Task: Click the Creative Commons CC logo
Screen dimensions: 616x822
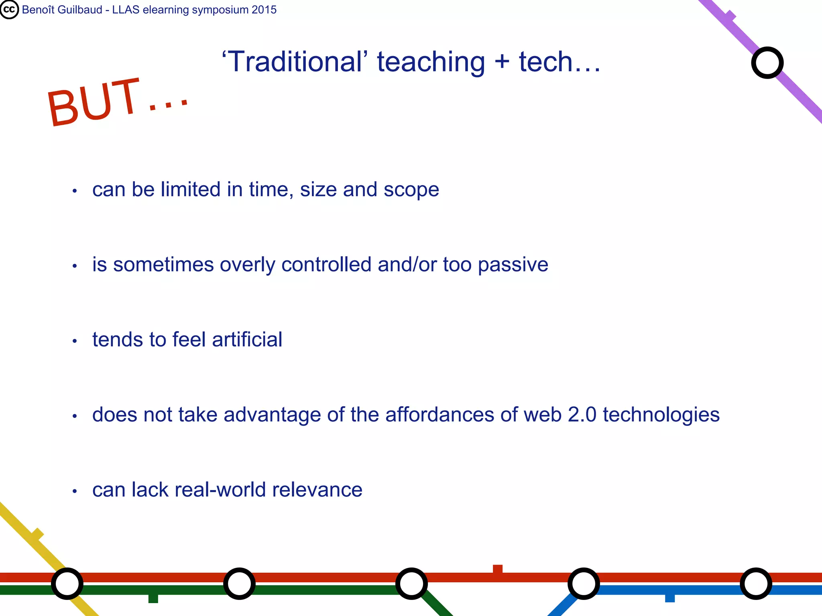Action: coord(9,10)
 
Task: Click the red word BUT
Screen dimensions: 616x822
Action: coord(93,102)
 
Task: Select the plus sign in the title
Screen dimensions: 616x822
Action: coord(502,63)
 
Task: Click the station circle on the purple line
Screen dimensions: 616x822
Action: coord(767,63)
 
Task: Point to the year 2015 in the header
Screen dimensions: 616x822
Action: coord(264,10)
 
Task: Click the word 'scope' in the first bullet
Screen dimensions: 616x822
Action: coord(411,190)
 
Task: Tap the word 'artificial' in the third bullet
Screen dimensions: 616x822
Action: coord(247,340)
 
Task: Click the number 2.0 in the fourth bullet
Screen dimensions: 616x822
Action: coord(582,415)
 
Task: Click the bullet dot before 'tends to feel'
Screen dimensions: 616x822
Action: coord(75,341)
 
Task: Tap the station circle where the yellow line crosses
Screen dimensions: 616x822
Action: coord(67,584)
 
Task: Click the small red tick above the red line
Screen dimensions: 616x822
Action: coord(498,569)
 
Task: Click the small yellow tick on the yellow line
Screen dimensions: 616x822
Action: coord(37,535)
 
